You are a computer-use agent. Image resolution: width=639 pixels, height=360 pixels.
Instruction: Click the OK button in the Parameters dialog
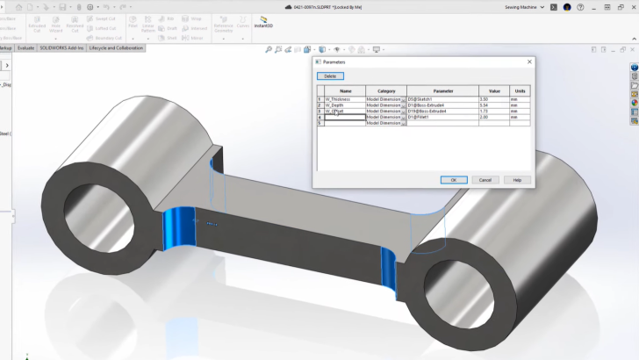pos(453,179)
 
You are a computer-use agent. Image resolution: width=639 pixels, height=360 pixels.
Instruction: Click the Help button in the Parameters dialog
pos(517,179)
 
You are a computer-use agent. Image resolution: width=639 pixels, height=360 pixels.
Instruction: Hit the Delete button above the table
pos(330,76)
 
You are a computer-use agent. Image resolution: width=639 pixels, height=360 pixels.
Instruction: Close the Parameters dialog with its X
pos(529,62)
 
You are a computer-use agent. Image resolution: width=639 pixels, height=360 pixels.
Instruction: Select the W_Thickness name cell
pos(345,99)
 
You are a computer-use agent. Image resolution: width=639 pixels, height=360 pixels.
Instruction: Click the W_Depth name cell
pos(345,105)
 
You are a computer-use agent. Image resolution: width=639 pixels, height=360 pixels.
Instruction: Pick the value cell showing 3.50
pos(494,99)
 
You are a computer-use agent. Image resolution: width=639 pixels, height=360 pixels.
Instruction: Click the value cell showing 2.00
pos(494,118)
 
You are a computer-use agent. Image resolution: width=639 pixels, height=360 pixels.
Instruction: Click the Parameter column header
pos(442,90)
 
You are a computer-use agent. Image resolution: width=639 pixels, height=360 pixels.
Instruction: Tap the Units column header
pos(521,90)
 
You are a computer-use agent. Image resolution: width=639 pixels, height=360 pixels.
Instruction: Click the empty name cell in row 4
pos(345,118)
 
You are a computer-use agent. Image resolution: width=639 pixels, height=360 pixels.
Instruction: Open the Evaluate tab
pos(27,47)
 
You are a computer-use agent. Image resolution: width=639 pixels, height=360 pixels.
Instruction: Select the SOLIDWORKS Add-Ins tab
pos(64,47)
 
